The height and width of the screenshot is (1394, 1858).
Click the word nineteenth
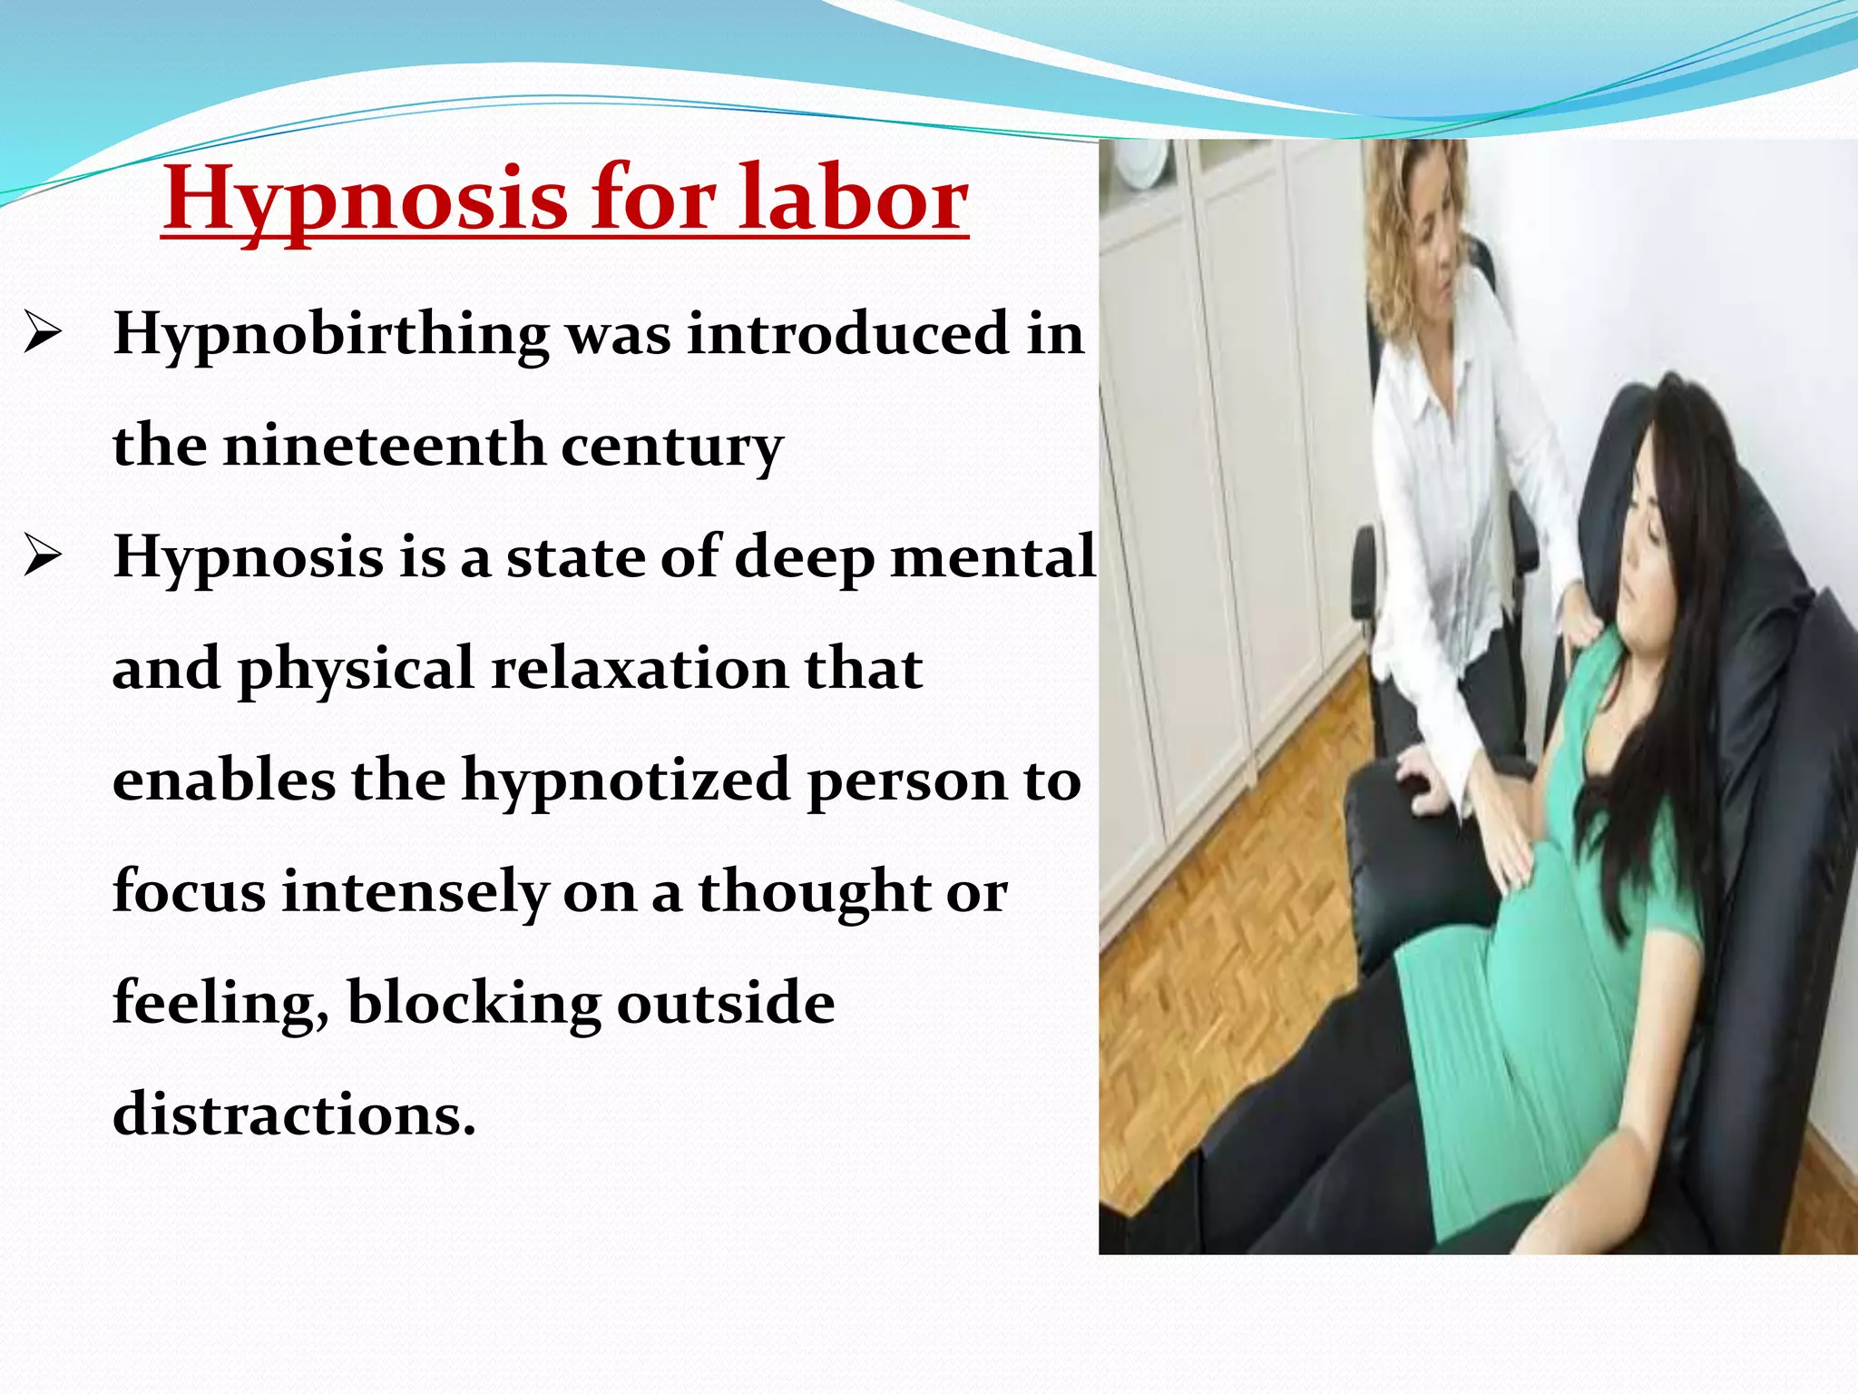383,446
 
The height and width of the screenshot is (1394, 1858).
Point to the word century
671,447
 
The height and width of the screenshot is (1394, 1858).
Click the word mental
993,556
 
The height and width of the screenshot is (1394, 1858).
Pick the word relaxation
640,669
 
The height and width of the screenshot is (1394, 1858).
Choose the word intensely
415,891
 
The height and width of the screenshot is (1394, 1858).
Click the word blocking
474,1003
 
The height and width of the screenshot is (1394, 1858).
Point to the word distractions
293,1114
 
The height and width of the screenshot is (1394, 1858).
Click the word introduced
847,334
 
